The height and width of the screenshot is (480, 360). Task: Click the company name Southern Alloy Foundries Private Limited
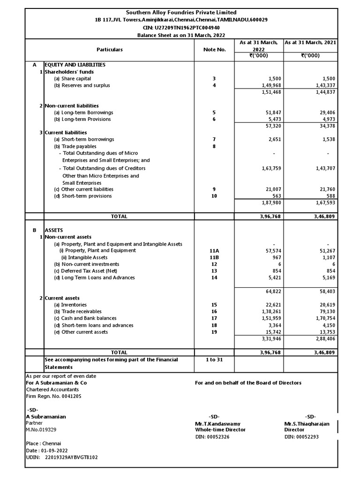(181, 13)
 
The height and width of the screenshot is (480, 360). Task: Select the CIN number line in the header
(181, 27)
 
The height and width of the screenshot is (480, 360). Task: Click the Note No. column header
(215, 49)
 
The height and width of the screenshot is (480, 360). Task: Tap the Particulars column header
(109, 49)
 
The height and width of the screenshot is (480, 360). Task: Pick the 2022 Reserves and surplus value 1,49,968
(270, 85)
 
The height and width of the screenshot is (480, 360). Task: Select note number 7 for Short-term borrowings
(214, 139)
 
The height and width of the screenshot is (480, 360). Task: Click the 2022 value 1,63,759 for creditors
(270, 168)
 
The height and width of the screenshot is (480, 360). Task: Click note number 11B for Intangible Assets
(214, 257)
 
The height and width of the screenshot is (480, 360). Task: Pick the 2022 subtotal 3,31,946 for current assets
(270, 338)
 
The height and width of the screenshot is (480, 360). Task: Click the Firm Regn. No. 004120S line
(53, 396)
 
